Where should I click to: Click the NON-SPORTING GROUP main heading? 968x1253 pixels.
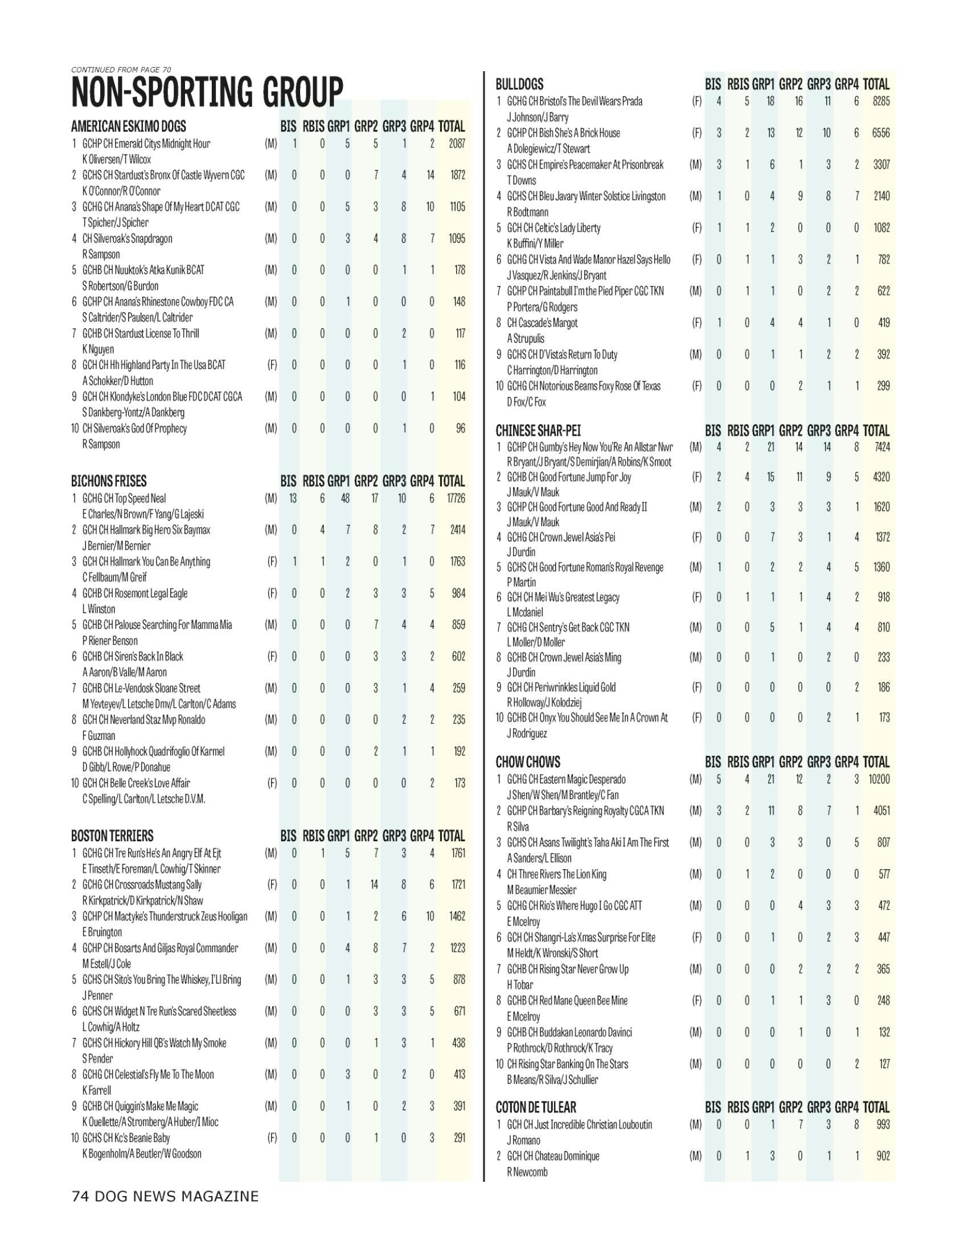[207, 92]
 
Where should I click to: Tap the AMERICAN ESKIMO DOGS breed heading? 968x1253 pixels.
[129, 126]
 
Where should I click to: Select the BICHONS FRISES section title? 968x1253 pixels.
[109, 481]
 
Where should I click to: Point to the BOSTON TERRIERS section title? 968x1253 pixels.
[112, 836]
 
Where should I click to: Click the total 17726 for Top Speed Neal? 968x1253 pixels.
[456, 498]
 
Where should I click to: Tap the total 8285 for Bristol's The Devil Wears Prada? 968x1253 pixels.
[881, 101]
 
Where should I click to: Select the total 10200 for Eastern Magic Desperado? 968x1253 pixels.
[879, 779]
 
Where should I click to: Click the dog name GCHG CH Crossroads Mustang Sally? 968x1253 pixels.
[142, 885]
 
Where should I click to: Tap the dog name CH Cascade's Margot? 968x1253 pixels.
[542, 323]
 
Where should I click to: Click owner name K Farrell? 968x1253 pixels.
[97, 1090]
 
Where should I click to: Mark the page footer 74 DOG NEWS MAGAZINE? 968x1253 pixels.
[165, 1197]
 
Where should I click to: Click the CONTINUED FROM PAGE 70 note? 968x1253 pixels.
[121, 70]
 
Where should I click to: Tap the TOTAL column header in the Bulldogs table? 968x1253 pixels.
[876, 84]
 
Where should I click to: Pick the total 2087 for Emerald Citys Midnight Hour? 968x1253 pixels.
[457, 144]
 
